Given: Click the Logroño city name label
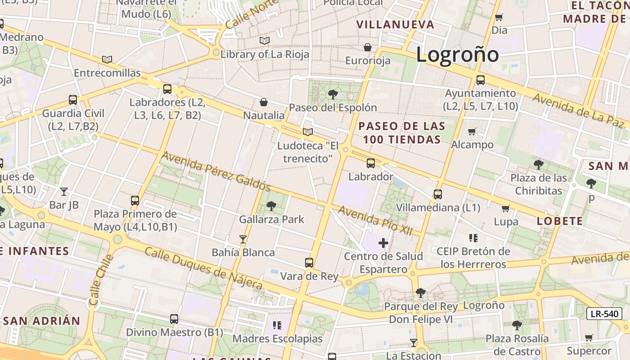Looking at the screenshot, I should (x=457, y=55).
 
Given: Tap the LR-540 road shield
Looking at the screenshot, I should (x=604, y=314).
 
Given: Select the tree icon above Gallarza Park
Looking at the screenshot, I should (x=271, y=206).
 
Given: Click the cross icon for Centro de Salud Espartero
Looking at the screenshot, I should (x=383, y=243).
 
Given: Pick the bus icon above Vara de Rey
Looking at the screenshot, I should (x=309, y=263).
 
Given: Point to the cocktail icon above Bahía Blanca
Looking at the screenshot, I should (x=243, y=239).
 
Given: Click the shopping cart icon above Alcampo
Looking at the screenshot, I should (x=472, y=132).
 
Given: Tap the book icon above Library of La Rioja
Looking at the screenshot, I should (x=265, y=41).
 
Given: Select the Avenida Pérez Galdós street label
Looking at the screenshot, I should (x=216, y=171).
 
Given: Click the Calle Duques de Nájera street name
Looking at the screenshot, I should (x=203, y=268).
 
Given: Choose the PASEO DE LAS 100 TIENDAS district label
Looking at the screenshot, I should (x=402, y=133).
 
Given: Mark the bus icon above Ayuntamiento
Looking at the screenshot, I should (x=480, y=81).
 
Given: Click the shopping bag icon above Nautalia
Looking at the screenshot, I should (x=264, y=103).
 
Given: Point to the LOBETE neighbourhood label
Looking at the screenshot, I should (x=560, y=221).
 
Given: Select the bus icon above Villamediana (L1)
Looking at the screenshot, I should (x=438, y=194).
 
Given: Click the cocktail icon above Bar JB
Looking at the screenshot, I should (x=64, y=192).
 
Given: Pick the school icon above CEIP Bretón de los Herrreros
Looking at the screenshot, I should (x=473, y=238).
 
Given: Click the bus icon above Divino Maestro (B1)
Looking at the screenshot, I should (x=174, y=319).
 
